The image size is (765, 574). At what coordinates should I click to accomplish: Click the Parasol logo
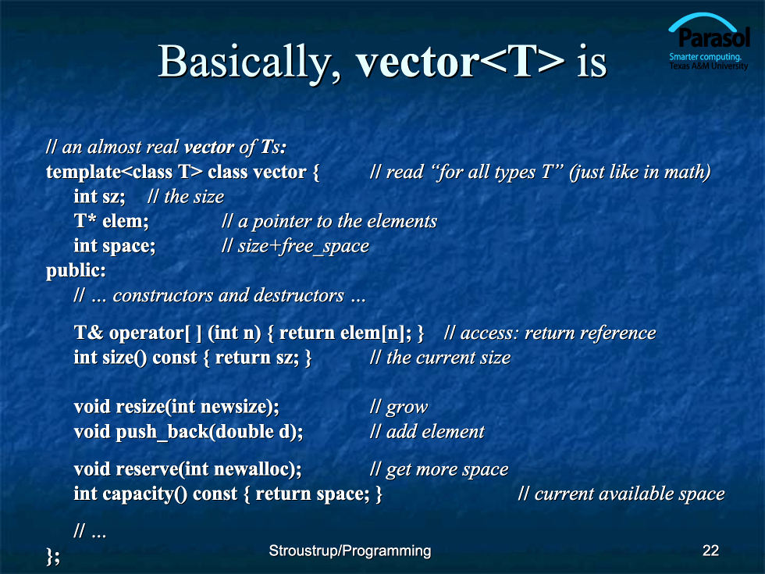[709, 41]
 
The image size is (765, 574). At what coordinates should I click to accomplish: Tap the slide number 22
[710, 551]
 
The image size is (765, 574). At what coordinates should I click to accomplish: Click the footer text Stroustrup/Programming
[350, 551]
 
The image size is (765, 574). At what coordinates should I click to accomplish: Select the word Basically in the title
[249, 62]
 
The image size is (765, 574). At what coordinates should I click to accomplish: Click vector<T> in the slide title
[460, 62]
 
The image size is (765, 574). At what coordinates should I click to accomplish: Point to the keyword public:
[76, 271]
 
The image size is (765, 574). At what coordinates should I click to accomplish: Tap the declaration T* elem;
[111, 221]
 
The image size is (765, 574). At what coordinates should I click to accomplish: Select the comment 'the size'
[186, 197]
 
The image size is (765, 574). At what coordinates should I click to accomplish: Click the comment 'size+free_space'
[296, 247]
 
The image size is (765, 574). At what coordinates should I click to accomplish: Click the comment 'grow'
[399, 407]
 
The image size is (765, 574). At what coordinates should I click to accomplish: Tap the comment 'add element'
[428, 432]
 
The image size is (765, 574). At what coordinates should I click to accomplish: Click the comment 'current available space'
[621, 494]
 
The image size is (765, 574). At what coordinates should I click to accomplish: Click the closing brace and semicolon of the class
[53, 556]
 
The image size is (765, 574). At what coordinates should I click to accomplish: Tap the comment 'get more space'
[439, 469]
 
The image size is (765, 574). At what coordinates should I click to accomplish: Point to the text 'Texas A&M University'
[709, 66]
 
